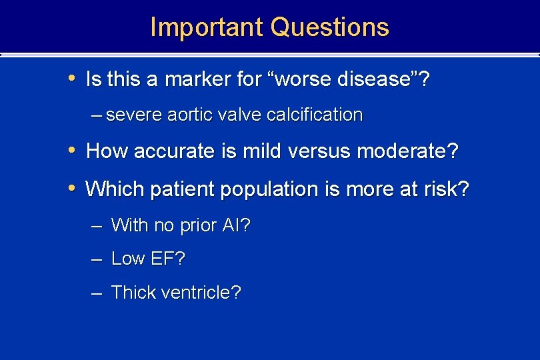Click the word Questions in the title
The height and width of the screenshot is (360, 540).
tap(330, 27)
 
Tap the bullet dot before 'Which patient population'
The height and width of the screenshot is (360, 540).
tap(73, 189)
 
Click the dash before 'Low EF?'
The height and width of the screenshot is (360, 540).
tap(97, 259)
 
